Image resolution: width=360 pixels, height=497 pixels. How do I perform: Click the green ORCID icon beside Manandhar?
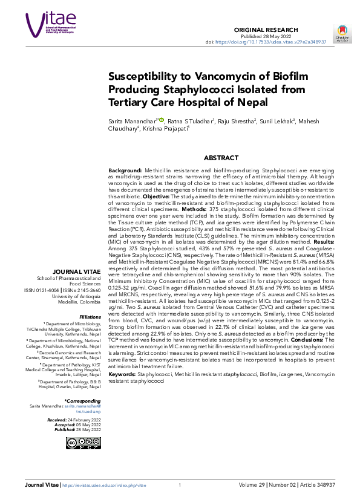tap(162, 120)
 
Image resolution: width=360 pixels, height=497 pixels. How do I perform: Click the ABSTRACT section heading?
tap(221, 158)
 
